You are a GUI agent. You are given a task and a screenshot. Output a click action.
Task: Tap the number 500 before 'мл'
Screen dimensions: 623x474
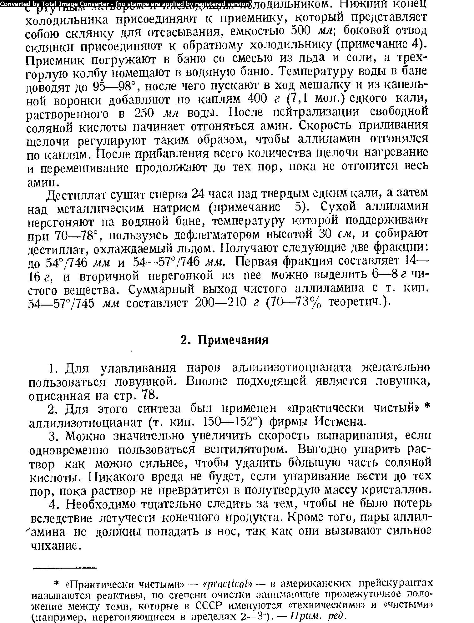tap(300, 31)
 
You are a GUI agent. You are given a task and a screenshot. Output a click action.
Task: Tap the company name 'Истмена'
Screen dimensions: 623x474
tap(340, 422)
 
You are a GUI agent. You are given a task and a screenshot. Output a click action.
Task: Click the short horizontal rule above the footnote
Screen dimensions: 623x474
tap(65, 568)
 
